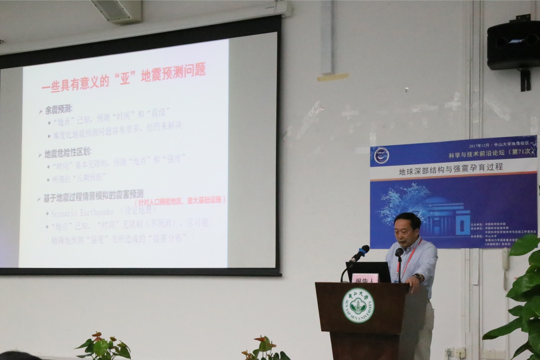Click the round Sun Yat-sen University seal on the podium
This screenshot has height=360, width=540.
[x=358, y=305]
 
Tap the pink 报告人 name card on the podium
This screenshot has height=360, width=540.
[x=365, y=278]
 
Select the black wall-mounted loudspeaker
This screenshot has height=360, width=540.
[x=514, y=45]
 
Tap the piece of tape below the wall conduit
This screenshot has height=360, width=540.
[x=332, y=77]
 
